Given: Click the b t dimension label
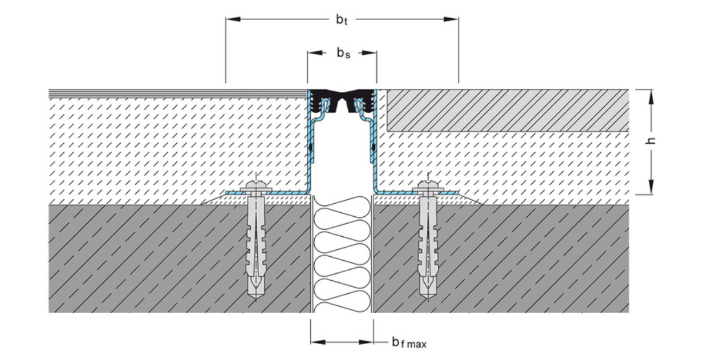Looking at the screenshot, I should coord(341,20).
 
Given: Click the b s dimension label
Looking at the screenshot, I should coord(342,54).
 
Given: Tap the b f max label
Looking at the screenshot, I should coord(408,342).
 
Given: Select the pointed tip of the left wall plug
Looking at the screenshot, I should coord(255,297).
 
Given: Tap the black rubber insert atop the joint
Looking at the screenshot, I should coord(342,95).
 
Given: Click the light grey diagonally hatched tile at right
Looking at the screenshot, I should coord(508,110).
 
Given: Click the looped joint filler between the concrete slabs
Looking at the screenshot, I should coord(342,254).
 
